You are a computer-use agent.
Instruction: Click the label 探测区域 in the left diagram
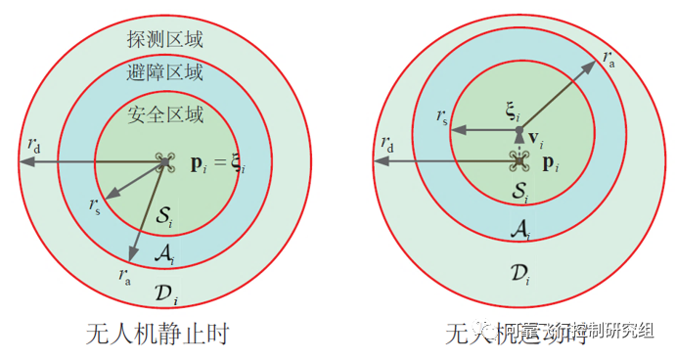[x=165, y=39]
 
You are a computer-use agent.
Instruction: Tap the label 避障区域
[x=165, y=72]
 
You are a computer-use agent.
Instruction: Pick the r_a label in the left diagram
[x=125, y=277]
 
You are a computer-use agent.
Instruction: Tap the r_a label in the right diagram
[x=609, y=56]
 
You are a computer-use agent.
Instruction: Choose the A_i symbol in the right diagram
[x=519, y=229]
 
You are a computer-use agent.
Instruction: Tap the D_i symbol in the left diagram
[x=166, y=291]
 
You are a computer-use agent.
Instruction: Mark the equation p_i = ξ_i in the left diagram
[x=217, y=163]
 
